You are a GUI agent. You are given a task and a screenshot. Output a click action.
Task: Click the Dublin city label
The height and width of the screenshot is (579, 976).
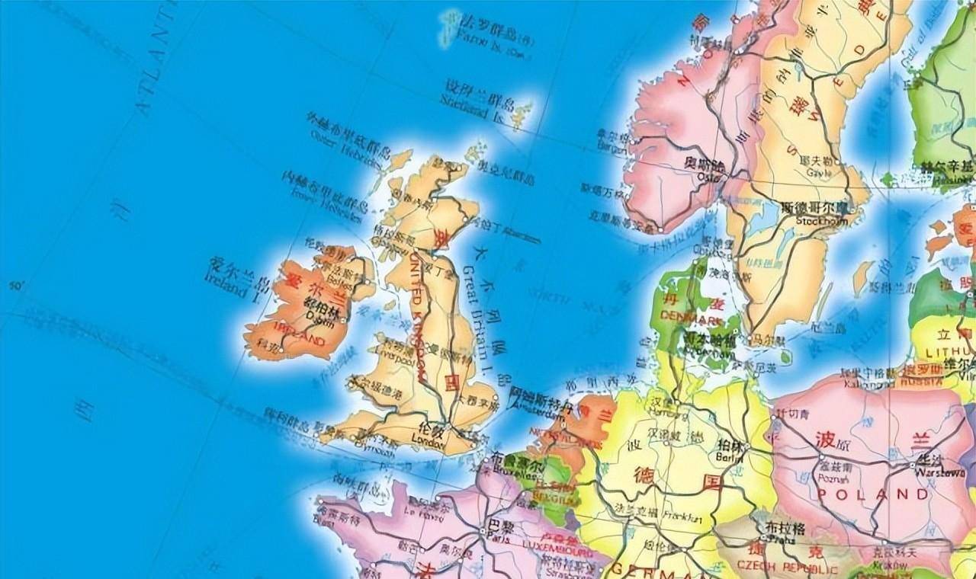[319, 321]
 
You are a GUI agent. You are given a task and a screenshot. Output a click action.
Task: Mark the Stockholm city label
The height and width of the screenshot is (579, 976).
[821, 221]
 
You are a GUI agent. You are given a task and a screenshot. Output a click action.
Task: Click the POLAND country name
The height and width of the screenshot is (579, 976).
[872, 495]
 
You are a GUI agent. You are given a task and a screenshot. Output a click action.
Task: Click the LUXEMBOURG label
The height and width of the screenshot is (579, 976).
[558, 550]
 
